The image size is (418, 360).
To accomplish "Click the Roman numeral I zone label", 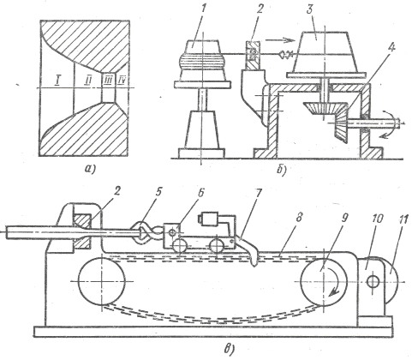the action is [x=57, y=81].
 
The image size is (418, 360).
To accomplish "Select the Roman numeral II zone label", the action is [x=87, y=81].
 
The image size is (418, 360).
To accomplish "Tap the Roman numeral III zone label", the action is [x=108, y=81].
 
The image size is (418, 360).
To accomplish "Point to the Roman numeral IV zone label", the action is [x=122, y=81].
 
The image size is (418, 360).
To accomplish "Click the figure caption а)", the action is [x=90, y=169].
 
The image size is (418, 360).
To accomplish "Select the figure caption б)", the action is [x=282, y=169].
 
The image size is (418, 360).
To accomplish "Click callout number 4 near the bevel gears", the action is [x=391, y=47].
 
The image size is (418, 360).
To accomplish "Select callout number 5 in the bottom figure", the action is [x=158, y=192].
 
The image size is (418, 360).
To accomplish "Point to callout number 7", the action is [x=258, y=193].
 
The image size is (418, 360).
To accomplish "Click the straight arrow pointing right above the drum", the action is [x=280, y=40].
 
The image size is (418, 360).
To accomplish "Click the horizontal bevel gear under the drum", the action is [x=325, y=108].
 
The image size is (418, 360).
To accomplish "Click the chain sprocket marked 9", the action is [x=324, y=281].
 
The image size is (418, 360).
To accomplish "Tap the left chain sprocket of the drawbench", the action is [x=101, y=281].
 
